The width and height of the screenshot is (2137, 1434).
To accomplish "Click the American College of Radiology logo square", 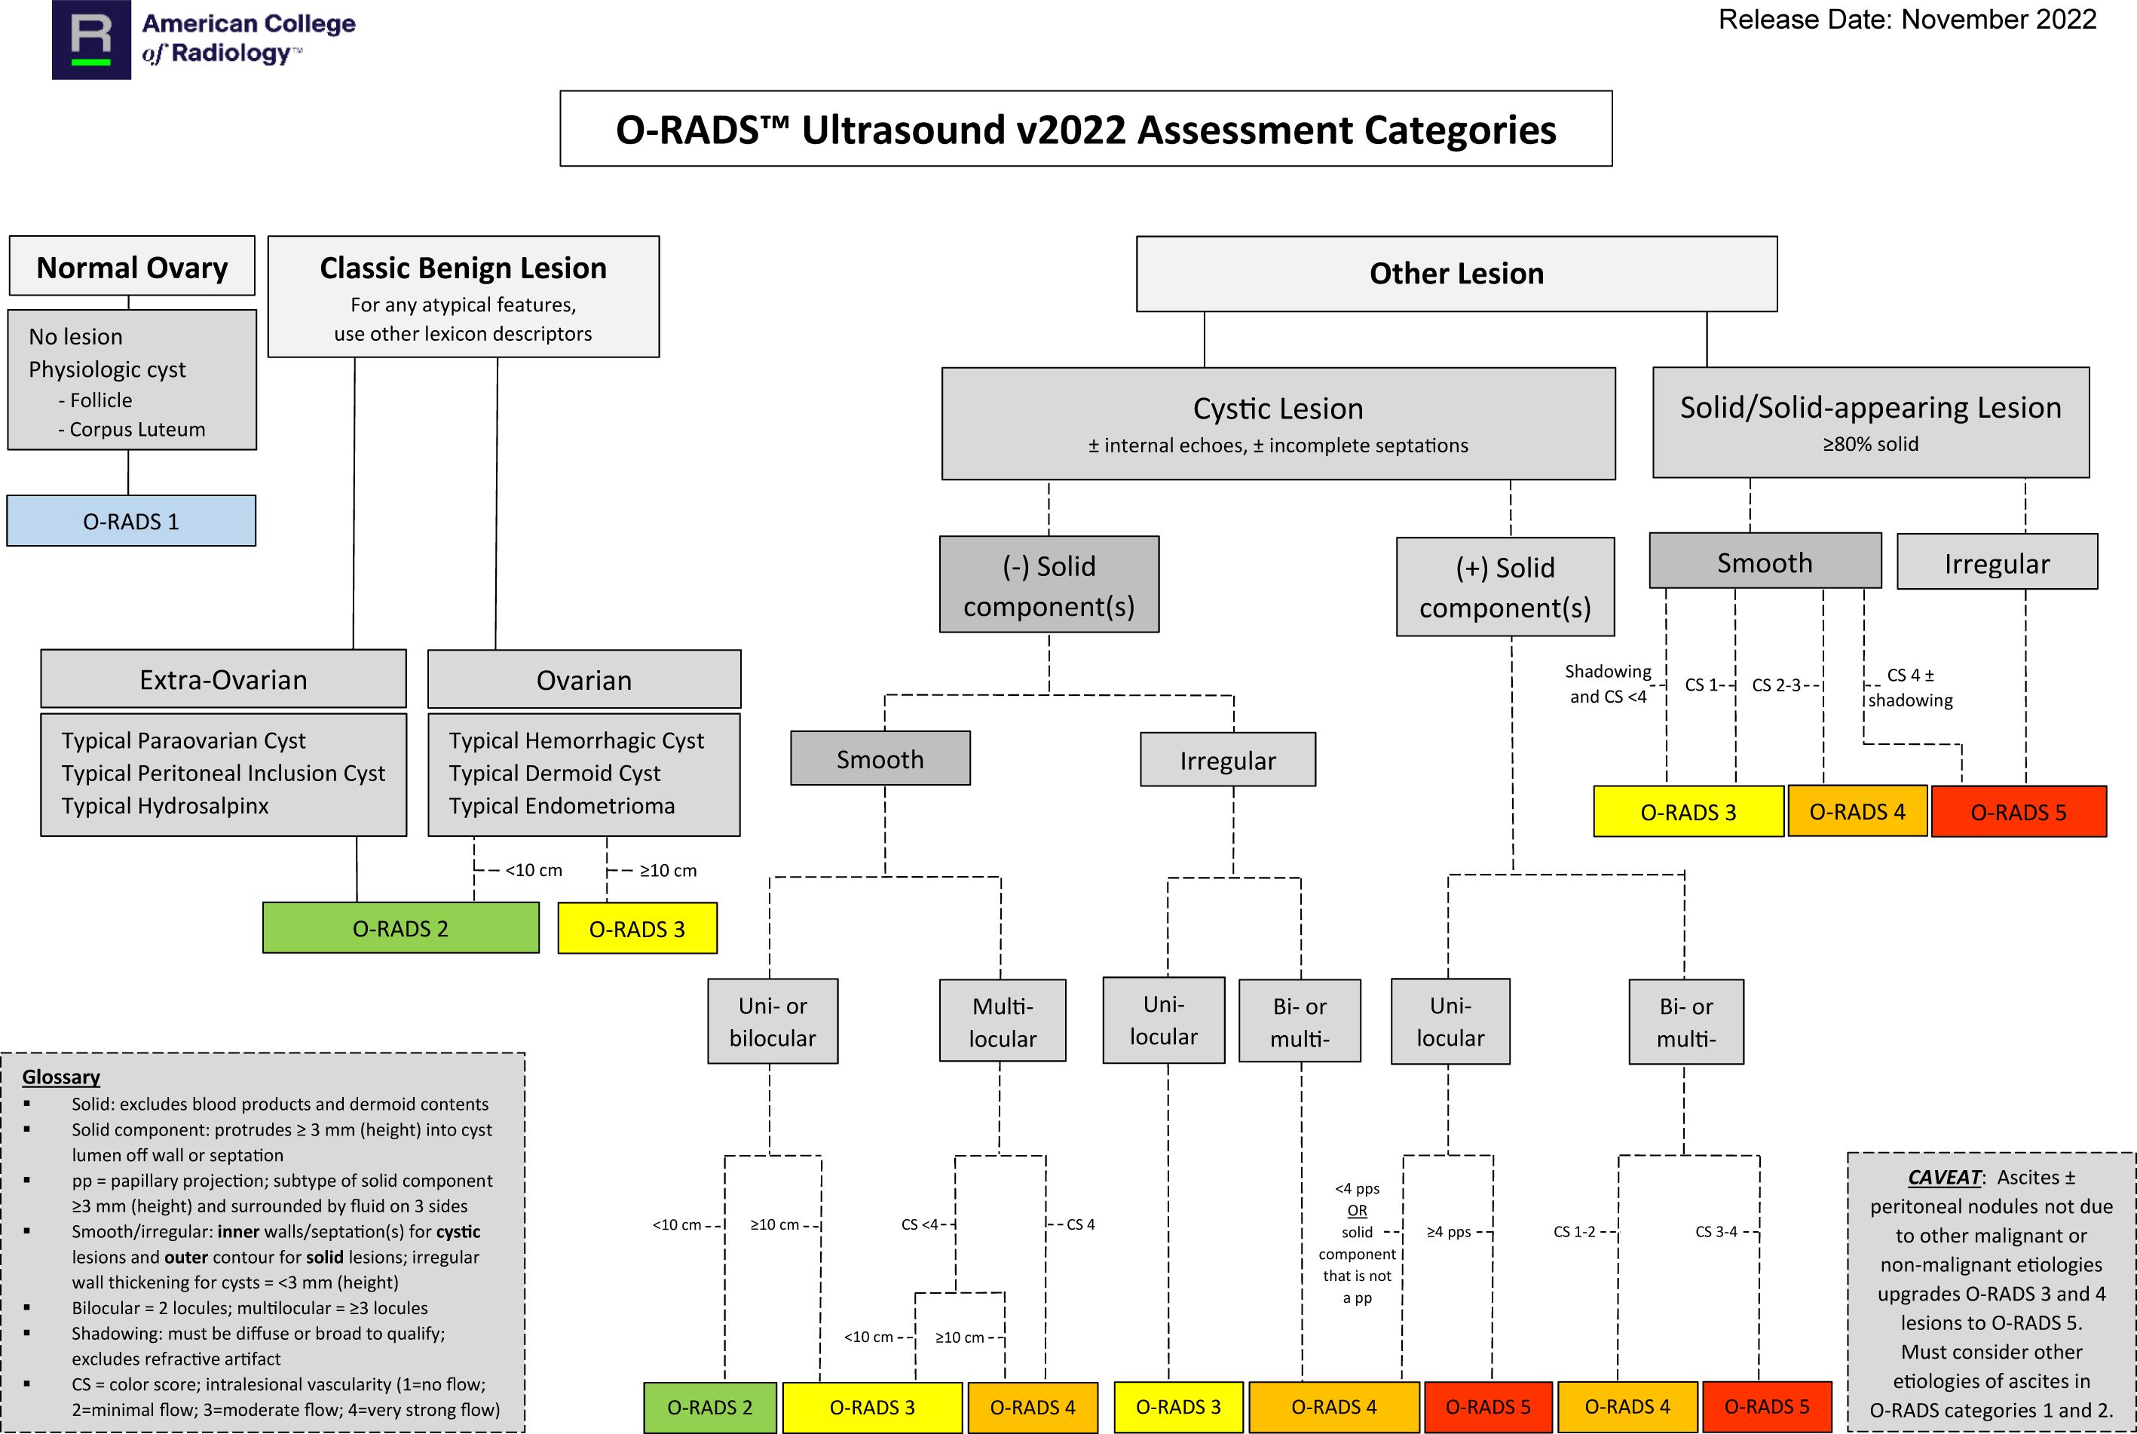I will point(91,39).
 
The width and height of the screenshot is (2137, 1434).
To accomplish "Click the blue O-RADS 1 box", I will point(130,521).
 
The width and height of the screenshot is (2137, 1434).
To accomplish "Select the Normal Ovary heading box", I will point(132,267).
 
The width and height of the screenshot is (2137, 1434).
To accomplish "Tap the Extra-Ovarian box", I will point(223,679).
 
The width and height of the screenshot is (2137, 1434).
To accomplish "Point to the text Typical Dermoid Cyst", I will point(554,774).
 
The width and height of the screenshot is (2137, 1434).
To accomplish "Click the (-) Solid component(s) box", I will point(1049,585).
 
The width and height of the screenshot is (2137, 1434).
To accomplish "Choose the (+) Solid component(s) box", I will point(1505,587).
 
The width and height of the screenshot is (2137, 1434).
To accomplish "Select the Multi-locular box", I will point(1003,1022).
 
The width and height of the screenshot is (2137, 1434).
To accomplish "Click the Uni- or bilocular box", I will point(773,1022).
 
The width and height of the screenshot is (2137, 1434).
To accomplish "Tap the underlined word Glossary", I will point(61,1077).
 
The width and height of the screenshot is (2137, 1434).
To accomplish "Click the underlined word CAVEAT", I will point(1944,1178).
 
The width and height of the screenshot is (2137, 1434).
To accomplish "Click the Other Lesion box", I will point(1456,274).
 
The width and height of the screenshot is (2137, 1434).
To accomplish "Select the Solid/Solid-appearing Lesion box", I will point(1870,422).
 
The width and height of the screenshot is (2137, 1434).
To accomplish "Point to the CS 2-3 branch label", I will point(1776,685).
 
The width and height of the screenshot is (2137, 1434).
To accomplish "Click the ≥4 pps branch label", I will point(1449,1232).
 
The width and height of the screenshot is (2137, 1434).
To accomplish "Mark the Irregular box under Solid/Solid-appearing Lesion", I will point(1997,563).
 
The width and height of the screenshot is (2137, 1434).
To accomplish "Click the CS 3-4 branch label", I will point(1716,1232).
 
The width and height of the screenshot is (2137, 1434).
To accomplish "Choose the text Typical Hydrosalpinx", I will point(166,807).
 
